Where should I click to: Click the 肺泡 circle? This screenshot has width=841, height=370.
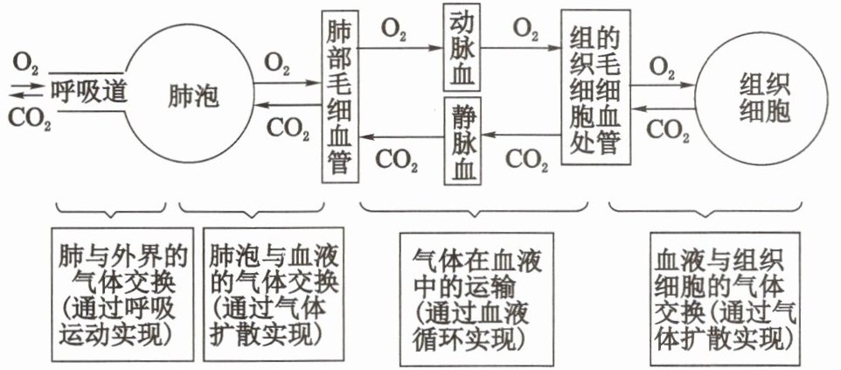188,94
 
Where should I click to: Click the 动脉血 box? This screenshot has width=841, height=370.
463,49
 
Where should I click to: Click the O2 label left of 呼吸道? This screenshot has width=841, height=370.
25,63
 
